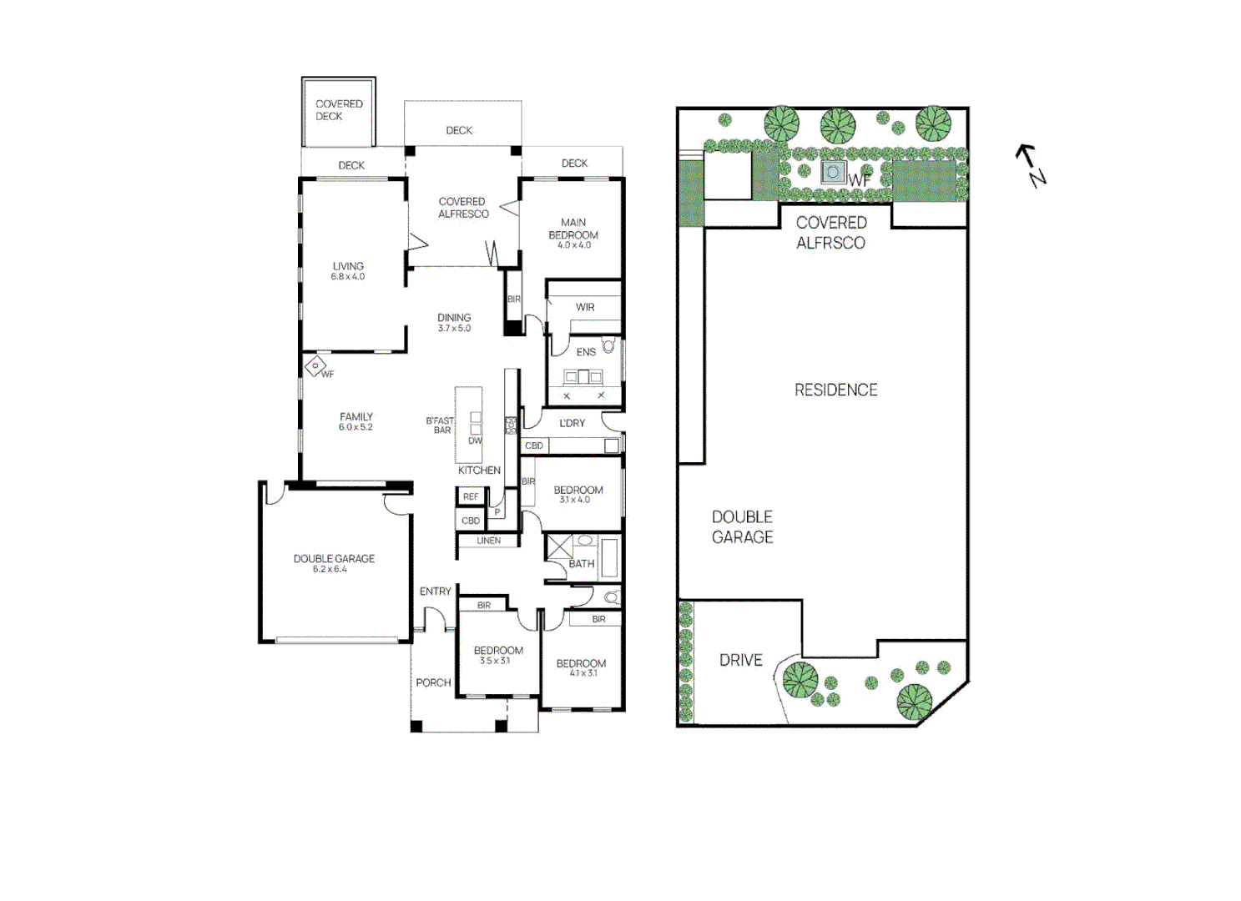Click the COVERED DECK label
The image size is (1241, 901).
point(338,110)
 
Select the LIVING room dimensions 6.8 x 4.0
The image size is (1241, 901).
point(347,277)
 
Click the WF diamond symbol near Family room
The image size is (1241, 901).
point(315,365)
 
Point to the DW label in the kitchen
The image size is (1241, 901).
point(475,440)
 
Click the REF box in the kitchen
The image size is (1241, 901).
point(471,496)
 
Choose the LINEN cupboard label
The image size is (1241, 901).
point(488,541)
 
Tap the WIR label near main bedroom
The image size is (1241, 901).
point(585,307)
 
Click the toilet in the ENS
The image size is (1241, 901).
point(609,345)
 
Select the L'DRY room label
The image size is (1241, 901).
point(573,423)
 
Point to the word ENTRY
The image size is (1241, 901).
point(435,591)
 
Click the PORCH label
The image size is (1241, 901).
point(433,682)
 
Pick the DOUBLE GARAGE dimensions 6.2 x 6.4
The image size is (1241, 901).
point(330,569)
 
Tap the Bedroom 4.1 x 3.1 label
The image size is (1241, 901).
point(581,668)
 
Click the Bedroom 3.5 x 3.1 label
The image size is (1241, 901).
point(498,655)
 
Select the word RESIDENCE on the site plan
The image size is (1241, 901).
point(835,390)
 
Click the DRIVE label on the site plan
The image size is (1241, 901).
point(740,660)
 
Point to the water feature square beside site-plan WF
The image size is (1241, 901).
point(833,173)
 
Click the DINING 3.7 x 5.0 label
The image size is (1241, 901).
point(454,322)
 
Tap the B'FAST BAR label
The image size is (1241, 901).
point(440,425)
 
